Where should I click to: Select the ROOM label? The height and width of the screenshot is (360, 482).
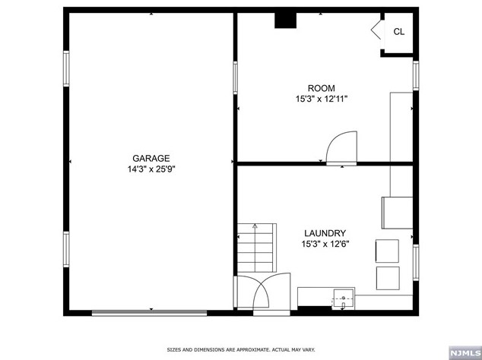321,88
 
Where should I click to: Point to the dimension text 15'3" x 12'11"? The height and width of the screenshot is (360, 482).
321,99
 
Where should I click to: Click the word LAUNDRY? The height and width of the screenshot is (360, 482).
325,233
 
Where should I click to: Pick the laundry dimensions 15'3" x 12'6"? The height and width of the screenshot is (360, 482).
325,245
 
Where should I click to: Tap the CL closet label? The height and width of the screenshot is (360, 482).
399,31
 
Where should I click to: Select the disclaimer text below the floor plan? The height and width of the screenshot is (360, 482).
240,350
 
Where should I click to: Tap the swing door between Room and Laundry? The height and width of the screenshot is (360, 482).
341,147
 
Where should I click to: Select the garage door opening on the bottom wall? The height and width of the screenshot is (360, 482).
149,311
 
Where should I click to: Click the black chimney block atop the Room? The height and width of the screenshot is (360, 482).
285,20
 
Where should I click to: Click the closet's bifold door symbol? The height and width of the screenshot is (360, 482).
376,31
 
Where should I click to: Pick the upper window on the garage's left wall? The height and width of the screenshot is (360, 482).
66,74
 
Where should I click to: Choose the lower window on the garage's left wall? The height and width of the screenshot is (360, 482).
66,254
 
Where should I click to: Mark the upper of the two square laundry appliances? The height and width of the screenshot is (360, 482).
387,251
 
